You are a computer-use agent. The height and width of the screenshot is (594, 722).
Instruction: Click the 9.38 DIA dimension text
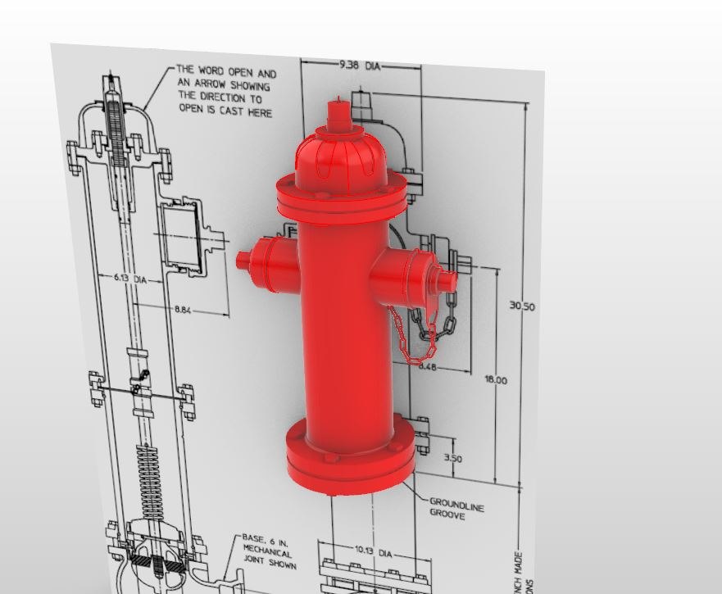(x=361, y=64)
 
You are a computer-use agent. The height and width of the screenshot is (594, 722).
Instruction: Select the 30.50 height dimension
(x=522, y=306)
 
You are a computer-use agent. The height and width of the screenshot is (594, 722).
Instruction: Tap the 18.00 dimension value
(x=496, y=380)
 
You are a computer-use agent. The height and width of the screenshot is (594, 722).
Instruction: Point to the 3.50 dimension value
(x=452, y=458)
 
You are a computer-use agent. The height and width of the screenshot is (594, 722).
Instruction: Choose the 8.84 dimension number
(x=186, y=310)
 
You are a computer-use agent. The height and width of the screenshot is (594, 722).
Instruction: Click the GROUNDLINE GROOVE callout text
(x=456, y=510)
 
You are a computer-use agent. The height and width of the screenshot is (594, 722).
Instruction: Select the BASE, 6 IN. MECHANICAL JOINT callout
(x=267, y=551)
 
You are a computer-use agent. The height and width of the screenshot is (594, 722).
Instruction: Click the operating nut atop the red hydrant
(x=336, y=114)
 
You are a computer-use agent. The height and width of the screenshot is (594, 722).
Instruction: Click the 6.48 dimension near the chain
(x=428, y=367)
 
